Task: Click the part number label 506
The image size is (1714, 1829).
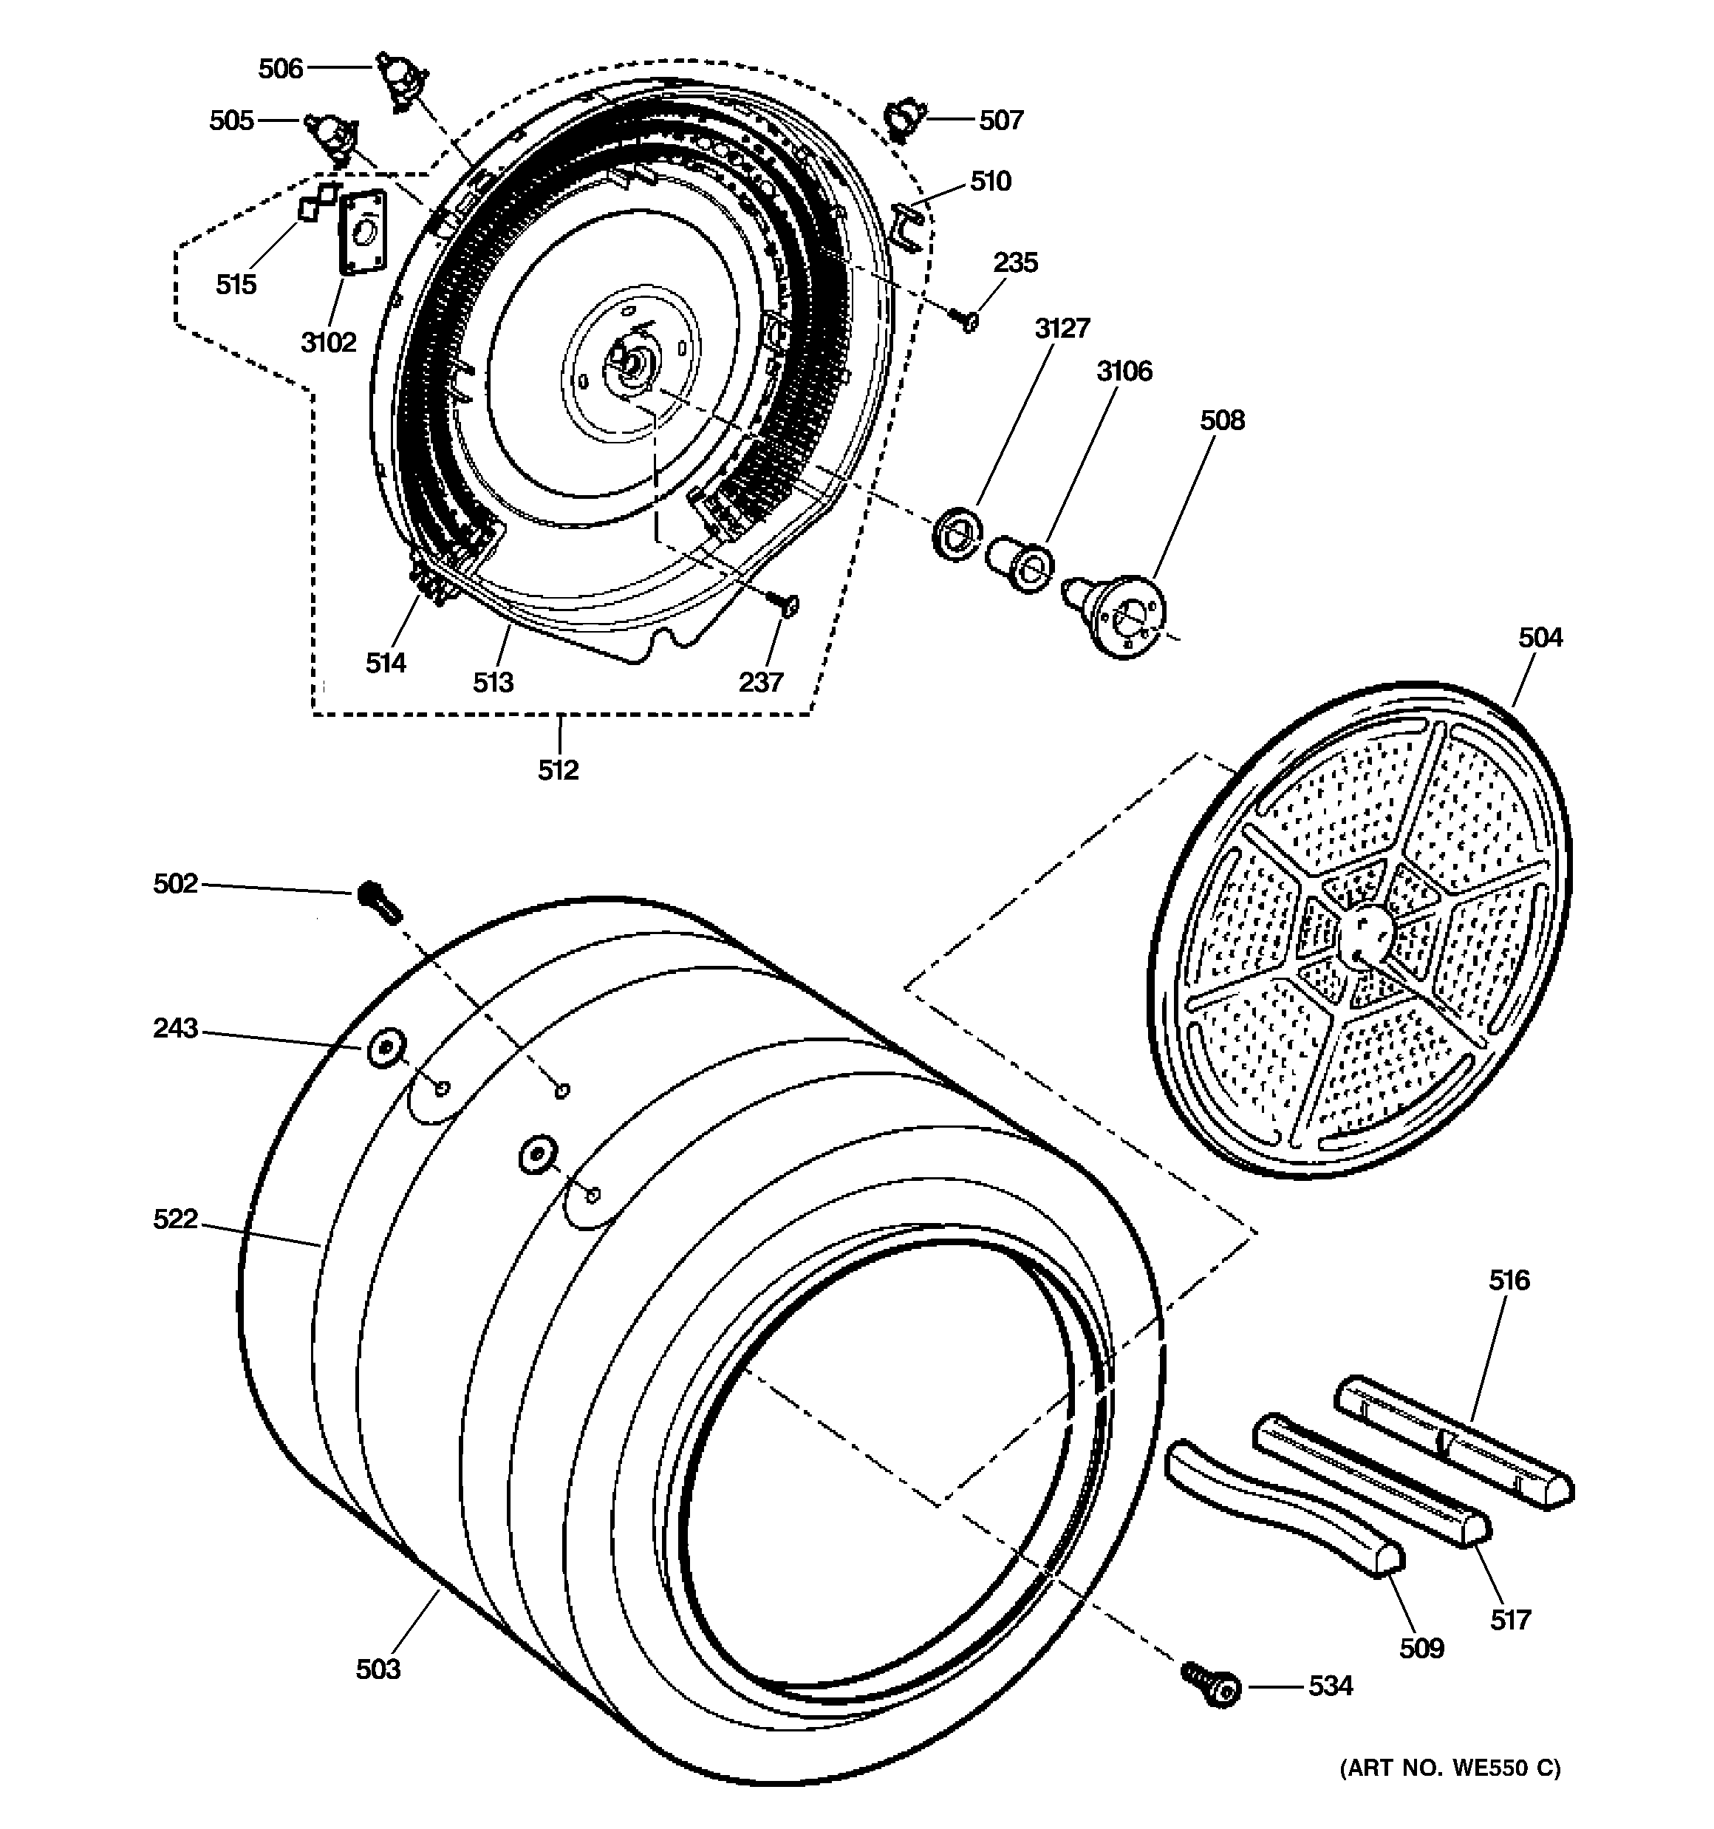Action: coord(280,68)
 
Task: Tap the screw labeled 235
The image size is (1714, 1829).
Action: coord(967,321)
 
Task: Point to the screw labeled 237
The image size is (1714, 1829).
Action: coord(785,604)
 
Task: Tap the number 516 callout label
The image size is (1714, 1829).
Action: coord(1509,1280)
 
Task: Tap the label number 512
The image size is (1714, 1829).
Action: coord(558,770)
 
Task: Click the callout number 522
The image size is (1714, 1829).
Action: coord(175,1219)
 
